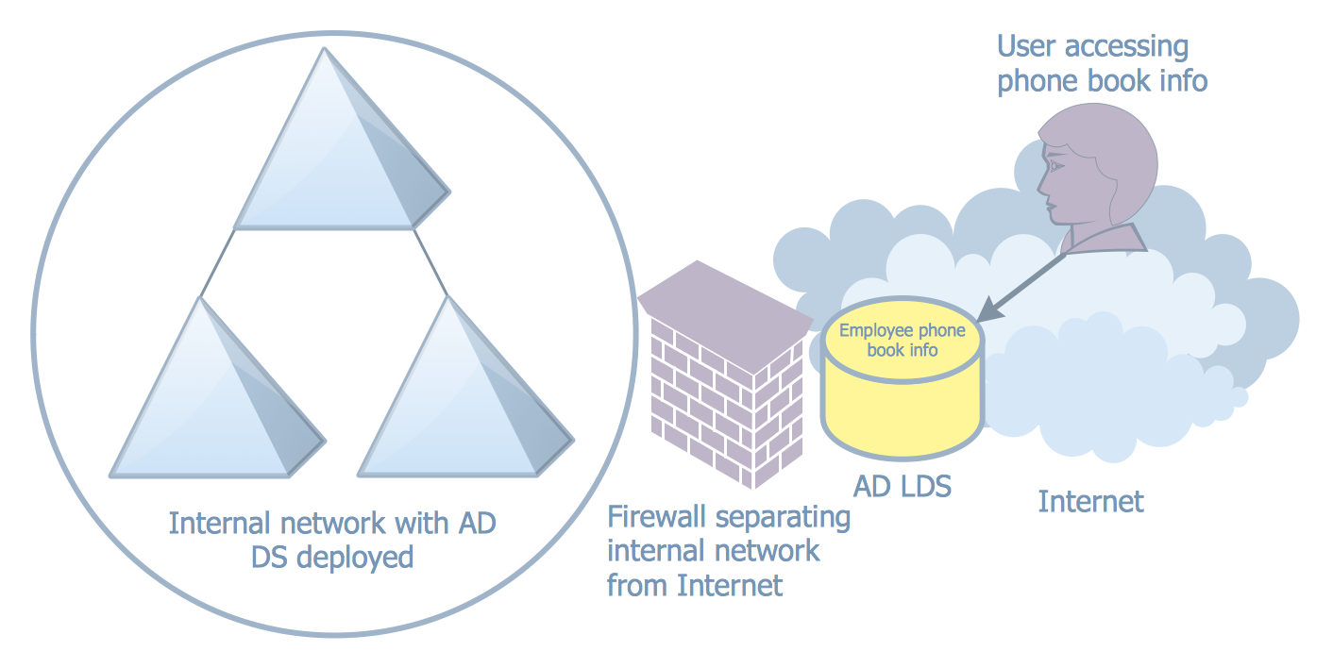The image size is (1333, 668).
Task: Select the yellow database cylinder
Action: [902, 396]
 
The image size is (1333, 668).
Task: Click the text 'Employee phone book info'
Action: [902, 341]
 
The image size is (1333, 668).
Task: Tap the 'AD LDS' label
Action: [903, 487]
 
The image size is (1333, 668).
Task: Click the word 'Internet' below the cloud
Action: [1090, 501]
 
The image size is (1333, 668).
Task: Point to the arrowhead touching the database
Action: [987, 309]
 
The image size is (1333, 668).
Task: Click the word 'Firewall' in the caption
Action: [657, 518]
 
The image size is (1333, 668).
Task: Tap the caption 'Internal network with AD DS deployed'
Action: [332, 540]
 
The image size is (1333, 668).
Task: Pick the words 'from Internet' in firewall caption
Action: [695, 585]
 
